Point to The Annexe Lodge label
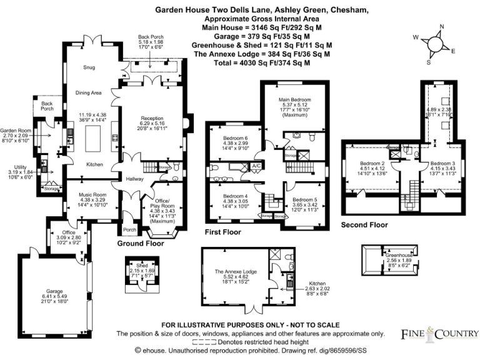point(236,272)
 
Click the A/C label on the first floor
point(256,166)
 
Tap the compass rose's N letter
point(442,26)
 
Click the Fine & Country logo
point(439,334)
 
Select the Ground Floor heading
point(141,244)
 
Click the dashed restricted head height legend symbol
point(209,342)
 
